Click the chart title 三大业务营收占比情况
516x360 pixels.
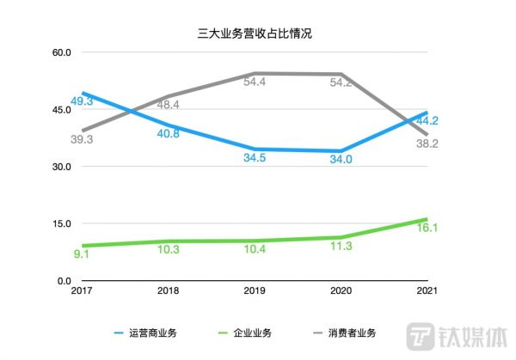point(258,34)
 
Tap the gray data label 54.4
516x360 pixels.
point(255,82)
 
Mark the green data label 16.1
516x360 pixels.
point(428,229)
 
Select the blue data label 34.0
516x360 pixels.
point(341,159)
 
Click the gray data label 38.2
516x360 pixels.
point(428,143)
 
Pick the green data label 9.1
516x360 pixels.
point(83,254)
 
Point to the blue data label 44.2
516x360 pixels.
point(428,121)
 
